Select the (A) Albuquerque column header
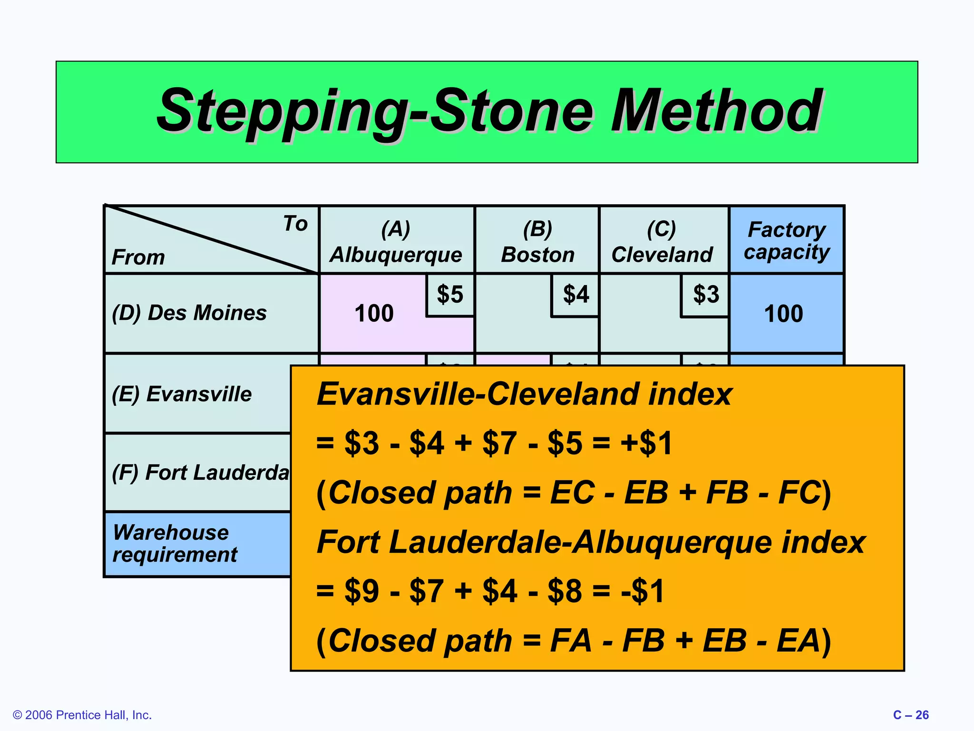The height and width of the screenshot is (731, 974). (x=396, y=241)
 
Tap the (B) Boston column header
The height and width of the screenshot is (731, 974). (x=537, y=241)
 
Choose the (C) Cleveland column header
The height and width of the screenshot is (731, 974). (x=662, y=241)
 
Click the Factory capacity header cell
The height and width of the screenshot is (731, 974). (x=787, y=240)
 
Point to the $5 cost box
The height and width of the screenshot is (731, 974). (x=450, y=295)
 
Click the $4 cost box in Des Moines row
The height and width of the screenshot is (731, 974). (x=575, y=295)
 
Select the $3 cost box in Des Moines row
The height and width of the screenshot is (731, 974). (x=706, y=295)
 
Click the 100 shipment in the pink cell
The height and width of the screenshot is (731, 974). (x=374, y=314)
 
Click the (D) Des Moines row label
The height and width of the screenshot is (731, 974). (x=189, y=313)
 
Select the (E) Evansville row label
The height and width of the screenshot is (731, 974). (x=182, y=394)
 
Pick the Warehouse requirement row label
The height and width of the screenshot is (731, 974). (x=175, y=543)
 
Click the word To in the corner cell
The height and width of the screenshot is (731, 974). (x=295, y=223)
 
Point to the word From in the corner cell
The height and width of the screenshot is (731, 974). (x=138, y=257)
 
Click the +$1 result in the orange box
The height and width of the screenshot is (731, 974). (x=646, y=443)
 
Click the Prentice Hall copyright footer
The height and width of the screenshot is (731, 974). (x=82, y=715)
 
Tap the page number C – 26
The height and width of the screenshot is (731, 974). (x=910, y=715)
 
